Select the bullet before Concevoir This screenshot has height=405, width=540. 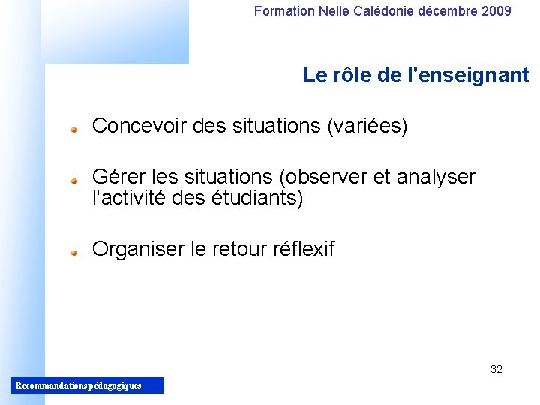click(75, 129)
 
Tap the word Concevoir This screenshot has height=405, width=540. click(139, 127)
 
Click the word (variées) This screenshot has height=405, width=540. click(367, 127)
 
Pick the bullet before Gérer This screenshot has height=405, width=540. click(75, 180)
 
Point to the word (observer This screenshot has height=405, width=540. click(323, 178)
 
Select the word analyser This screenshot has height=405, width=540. click(436, 178)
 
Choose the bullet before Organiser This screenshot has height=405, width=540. click(75, 252)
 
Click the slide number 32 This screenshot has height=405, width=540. click(496, 369)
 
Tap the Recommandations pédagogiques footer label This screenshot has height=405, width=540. click(78, 385)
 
